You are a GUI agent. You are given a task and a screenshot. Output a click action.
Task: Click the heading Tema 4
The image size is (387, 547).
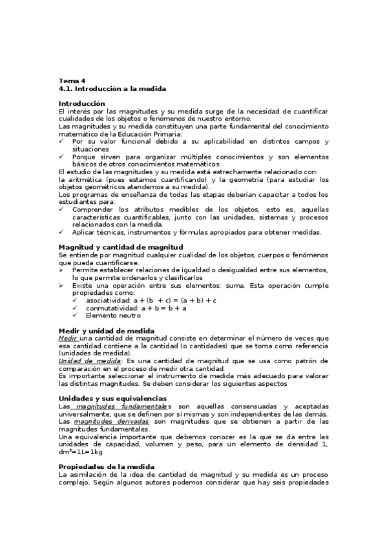point(72,81)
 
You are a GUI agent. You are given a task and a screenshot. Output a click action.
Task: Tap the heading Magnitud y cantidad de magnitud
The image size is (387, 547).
point(121,247)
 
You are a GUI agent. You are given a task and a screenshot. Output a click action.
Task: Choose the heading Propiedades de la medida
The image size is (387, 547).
point(107,466)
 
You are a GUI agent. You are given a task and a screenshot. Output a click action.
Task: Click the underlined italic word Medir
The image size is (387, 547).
point(68,338)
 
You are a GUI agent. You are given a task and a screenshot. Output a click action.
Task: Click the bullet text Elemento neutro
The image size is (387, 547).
point(113,315)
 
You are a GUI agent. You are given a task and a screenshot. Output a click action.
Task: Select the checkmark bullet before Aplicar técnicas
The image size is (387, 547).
point(61,232)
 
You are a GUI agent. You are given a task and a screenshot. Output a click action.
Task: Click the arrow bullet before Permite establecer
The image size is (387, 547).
point(61,270)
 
